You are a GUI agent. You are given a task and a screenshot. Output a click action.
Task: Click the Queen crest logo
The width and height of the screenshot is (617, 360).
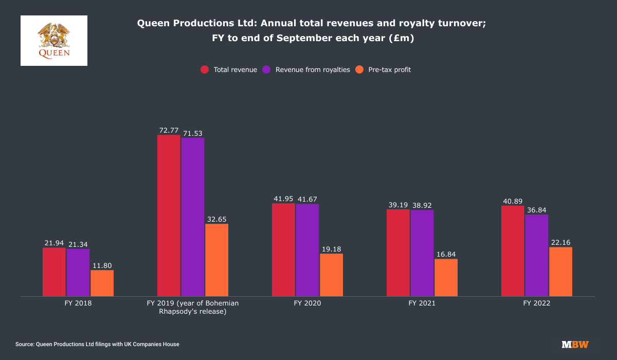click(54, 40)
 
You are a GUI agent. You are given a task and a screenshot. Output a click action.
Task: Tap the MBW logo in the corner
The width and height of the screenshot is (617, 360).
click(575, 345)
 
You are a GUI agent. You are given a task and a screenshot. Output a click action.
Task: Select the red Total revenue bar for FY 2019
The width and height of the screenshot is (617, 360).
click(169, 215)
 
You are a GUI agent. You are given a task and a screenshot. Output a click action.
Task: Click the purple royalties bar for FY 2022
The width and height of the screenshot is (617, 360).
click(536, 255)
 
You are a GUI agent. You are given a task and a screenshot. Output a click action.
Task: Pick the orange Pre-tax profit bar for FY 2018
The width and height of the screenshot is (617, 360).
click(102, 283)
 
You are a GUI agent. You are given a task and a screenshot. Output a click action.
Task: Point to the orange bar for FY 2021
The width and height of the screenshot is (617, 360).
click(446, 277)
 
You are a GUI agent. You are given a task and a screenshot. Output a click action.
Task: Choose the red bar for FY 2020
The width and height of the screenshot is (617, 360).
click(283, 249)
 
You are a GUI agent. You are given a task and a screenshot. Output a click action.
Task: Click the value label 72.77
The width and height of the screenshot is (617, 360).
click(169, 130)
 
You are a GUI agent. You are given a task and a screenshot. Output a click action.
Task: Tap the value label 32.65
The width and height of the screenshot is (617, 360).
click(216, 219)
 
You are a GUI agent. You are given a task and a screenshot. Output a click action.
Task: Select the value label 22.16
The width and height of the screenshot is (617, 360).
click(560, 242)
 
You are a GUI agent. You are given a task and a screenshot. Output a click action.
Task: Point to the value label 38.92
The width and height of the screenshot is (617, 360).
click(422, 205)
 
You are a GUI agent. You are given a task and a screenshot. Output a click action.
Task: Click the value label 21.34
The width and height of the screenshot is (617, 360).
click(78, 244)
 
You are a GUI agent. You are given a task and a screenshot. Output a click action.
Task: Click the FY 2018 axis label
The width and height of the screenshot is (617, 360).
click(78, 303)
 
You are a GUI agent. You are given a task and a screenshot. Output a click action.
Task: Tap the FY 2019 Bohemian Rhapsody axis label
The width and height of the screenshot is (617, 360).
click(193, 307)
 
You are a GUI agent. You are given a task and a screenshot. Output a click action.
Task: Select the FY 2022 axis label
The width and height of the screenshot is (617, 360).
click(536, 303)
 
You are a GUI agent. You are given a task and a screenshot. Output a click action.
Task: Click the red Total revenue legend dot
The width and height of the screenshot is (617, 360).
click(205, 70)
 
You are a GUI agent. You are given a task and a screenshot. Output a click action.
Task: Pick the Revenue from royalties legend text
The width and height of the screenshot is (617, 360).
click(313, 70)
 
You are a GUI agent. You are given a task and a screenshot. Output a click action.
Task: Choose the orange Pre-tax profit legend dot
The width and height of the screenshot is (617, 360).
click(359, 70)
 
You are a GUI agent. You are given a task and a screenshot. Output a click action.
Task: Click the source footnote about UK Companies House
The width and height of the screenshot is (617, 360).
click(97, 344)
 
